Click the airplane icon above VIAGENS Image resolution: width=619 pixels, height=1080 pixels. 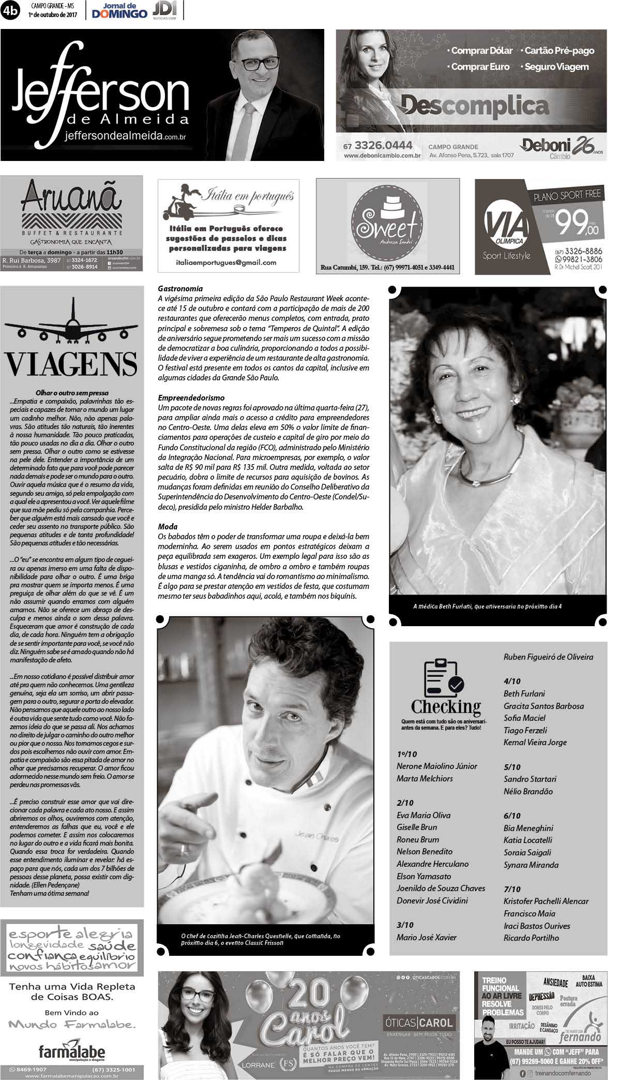(71, 323)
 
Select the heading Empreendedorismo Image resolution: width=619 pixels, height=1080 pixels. (191, 398)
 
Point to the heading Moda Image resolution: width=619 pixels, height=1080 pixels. (168, 526)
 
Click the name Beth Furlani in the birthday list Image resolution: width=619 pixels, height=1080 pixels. (524, 693)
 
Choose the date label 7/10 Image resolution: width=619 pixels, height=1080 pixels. (512, 889)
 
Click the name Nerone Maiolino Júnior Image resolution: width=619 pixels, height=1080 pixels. (436, 766)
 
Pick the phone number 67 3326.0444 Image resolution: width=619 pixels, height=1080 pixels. (378, 145)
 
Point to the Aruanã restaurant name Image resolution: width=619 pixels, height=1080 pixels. (71, 197)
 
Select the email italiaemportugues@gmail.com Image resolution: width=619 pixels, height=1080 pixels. (226, 262)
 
